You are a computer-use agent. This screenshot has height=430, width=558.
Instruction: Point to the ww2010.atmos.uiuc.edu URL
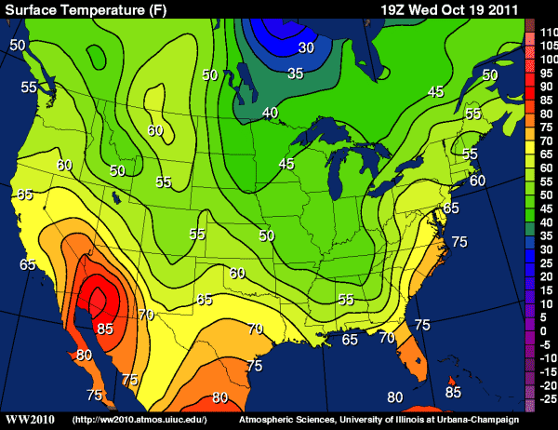pyautogui.click(x=139, y=421)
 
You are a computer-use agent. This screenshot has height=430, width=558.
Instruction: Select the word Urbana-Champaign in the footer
pyautogui.click(x=508, y=421)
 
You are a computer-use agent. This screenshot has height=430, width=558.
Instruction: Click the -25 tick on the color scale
pyautogui.click(x=546, y=397)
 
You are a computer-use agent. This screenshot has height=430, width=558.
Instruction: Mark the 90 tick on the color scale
pyautogui.click(x=546, y=86)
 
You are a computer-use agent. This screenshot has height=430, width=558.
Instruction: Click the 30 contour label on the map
pyautogui.click(x=306, y=47)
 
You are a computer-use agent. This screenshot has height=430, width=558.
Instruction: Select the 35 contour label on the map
pyautogui.click(x=296, y=73)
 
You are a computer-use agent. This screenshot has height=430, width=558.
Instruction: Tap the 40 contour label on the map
pyautogui.click(x=270, y=114)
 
